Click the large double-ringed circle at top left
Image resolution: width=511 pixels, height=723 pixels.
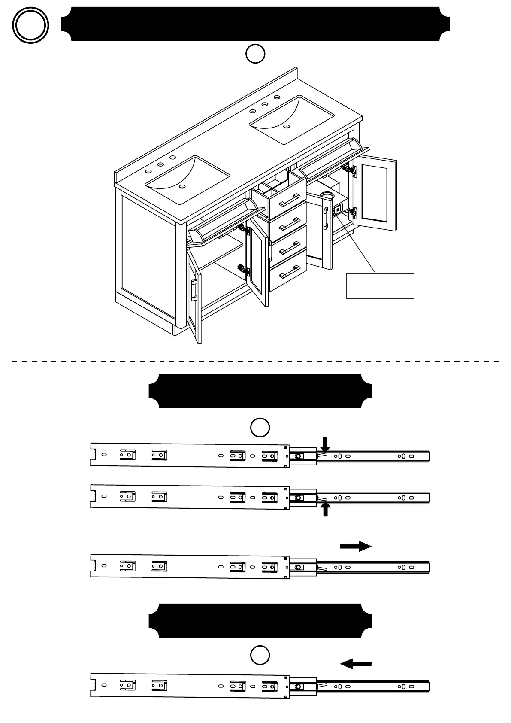[x=30, y=25]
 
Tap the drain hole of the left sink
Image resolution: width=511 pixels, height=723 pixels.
[x=182, y=187]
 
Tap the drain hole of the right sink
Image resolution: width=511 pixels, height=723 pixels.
[x=286, y=126]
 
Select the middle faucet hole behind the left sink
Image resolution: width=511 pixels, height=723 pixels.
[x=160, y=164]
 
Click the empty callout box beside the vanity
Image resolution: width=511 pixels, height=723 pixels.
[x=380, y=286]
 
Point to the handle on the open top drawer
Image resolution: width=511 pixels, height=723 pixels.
[x=290, y=200]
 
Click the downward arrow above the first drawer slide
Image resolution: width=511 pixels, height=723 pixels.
[x=326, y=444]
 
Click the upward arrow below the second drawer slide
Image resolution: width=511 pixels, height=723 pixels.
[x=326, y=510]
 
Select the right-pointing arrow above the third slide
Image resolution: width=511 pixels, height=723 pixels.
[x=356, y=546]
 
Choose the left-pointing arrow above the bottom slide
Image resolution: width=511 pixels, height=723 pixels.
[x=356, y=664]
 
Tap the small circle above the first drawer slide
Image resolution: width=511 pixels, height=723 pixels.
[x=260, y=428]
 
